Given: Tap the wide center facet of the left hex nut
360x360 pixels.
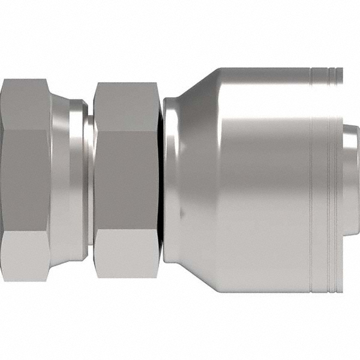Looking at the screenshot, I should tap(25, 180).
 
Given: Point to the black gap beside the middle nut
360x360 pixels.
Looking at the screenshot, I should tap(160, 180).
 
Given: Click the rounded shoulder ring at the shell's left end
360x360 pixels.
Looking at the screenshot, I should tap(171, 180).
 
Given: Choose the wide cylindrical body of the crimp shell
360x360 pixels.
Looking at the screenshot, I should tap(264, 180).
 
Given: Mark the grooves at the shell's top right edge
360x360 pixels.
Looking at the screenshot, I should tap(327, 75).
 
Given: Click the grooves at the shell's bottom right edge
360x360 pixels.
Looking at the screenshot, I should tap(327, 285).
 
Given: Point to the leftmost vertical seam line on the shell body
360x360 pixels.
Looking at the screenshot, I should tap(311, 180).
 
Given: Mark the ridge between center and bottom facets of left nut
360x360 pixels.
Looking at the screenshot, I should tap(25, 232).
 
